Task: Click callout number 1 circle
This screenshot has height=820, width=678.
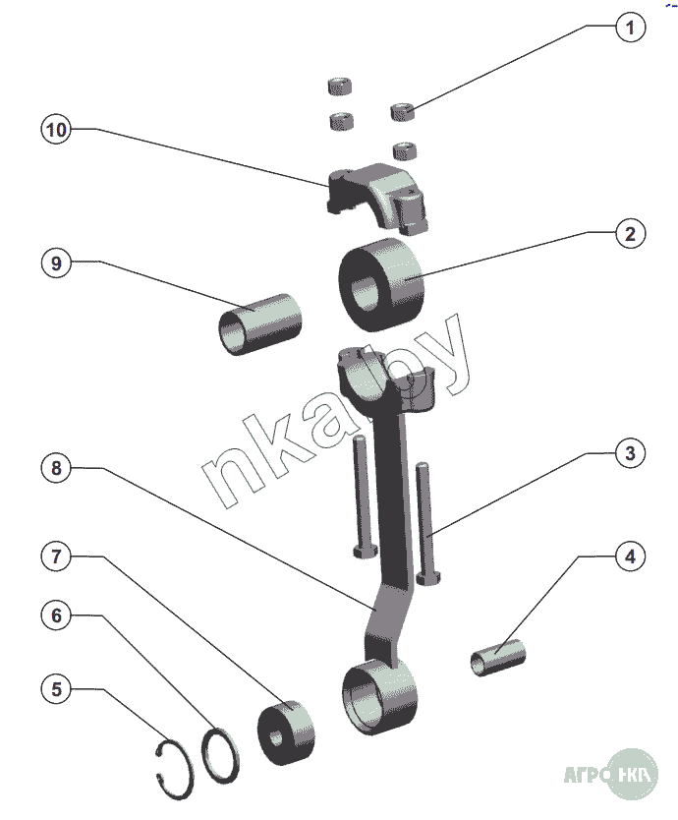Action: (631, 28)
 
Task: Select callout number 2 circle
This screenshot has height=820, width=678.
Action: (631, 234)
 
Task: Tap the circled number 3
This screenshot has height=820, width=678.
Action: (631, 453)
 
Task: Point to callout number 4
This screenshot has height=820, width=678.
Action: (631, 556)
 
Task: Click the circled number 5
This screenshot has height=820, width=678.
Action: (56, 689)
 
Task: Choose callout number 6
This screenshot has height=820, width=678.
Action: (56, 615)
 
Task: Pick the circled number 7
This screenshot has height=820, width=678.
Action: (56, 556)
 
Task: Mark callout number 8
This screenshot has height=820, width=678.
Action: (56, 469)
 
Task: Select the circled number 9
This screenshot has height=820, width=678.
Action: (56, 263)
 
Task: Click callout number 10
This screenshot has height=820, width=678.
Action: (56, 130)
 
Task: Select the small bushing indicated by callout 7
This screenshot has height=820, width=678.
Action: (286, 732)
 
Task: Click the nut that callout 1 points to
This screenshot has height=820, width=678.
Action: (404, 112)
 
